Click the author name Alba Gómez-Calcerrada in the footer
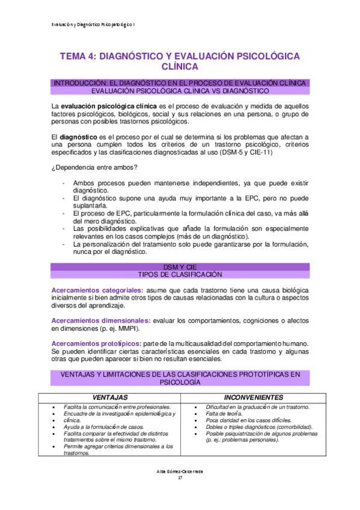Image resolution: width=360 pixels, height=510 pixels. (x=180, y=471)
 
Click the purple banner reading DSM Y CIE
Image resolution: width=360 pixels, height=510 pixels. (x=180, y=266)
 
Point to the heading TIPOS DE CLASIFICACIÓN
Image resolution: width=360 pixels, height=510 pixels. (x=180, y=274)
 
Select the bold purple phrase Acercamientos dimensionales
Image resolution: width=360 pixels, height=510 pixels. (x=100, y=321)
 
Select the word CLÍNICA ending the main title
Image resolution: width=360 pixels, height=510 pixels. (x=180, y=67)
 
